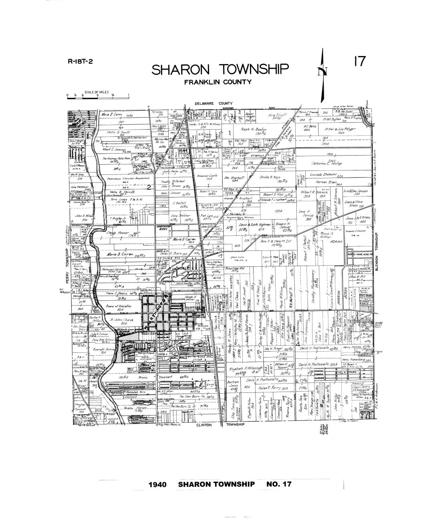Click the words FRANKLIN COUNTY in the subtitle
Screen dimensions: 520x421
coord(218,82)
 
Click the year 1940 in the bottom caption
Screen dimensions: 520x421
coord(160,484)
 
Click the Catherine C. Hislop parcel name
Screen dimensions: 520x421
coord(326,163)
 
